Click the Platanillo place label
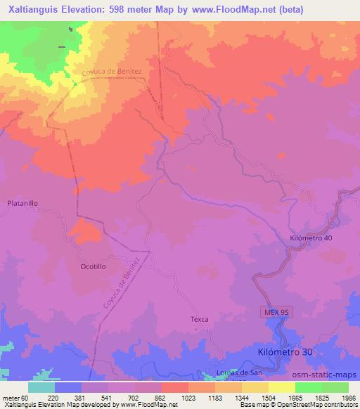[22, 202]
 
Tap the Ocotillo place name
[93, 267]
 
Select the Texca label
[200, 319]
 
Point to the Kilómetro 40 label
[311, 238]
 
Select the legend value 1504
[259, 398]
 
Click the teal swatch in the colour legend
[41, 387]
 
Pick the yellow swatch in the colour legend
[281, 387]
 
